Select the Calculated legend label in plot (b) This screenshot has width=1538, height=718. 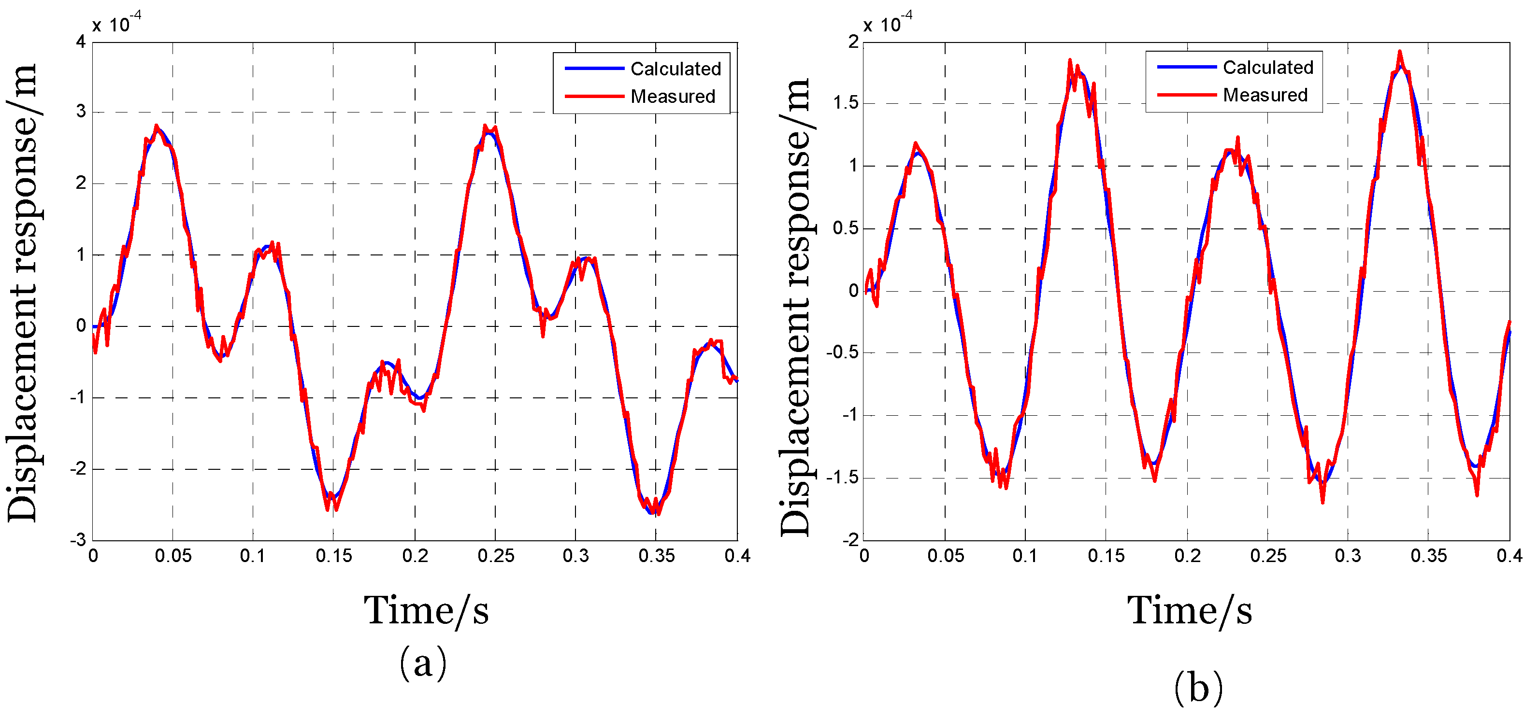[1267, 68]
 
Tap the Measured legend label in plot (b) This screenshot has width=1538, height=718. [1265, 95]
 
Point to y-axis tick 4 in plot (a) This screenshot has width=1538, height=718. [81, 42]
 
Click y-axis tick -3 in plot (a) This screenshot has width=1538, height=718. [78, 540]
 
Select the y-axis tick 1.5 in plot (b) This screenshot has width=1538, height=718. [846, 103]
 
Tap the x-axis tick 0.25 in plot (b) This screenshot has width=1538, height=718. [1268, 556]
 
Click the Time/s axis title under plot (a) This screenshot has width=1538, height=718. [426, 611]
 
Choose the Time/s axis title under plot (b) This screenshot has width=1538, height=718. [1189, 611]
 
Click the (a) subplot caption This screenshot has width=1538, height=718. [423, 662]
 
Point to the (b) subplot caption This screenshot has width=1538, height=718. [1198, 688]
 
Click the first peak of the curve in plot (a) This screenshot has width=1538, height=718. [157, 127]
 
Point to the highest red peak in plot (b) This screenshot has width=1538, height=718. [1399, 52]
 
